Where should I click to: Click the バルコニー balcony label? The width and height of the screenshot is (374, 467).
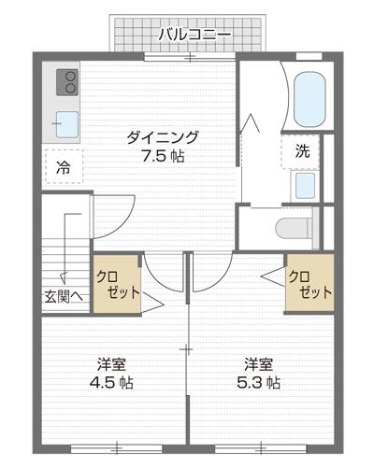point(194,35)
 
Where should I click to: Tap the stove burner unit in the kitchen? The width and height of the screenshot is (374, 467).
point(67,82)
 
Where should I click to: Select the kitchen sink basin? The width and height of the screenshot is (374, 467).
point(67,124)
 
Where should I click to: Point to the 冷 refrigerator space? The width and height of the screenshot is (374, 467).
point(65,166)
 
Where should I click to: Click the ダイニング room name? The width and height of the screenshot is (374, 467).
point(163,137)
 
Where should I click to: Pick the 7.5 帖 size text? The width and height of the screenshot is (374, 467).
point(163,156)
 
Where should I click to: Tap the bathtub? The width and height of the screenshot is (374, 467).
point(309,100)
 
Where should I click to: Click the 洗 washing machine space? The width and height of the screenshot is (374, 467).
point(301,151)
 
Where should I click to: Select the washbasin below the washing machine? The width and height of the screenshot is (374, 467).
point(305,186)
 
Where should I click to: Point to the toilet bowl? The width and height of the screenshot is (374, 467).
point(294,228)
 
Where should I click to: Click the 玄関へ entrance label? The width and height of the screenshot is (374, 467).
point(64,297)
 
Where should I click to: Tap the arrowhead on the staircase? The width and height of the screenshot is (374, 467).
point(64,277)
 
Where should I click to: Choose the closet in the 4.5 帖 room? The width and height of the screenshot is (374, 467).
point(117,284)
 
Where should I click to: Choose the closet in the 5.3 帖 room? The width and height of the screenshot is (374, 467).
point(310,282)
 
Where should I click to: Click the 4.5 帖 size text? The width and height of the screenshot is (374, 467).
point(111,383)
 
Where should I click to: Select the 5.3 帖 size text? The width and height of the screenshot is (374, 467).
point(259,383)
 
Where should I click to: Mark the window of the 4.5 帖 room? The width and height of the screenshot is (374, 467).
point(117,448)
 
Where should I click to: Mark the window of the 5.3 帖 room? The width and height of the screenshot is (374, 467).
point(261,448)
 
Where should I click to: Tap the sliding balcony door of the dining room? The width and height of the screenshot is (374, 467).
point(190,57)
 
